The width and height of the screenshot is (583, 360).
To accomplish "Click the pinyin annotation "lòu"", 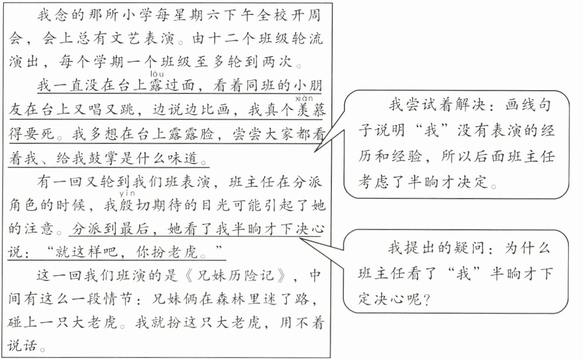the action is tap(157, 74).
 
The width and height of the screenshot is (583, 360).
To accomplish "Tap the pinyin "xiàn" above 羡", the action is tap(304, 98).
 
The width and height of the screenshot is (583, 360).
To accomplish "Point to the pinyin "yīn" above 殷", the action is tap(127, 194).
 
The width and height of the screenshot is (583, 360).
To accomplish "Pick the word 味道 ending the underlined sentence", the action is tap(182, 158).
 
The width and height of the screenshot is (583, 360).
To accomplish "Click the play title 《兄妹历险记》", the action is tap(234, 275).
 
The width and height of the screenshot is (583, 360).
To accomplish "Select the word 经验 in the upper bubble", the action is tap(406, 157).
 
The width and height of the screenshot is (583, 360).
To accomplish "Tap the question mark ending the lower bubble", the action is tap(426, 300).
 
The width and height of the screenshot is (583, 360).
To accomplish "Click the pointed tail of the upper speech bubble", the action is tap(315, 152).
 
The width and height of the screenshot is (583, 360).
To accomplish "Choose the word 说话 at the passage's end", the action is tap(22, 346).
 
